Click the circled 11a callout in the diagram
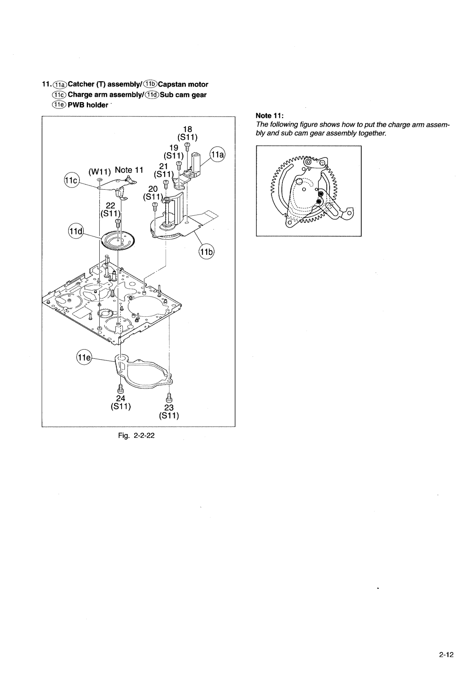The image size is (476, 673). click(x=218, y=154)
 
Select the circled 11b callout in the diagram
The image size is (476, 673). click(x=206, y=253)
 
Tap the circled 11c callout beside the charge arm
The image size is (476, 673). click(x=71, y=180)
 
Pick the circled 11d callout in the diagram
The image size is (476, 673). click(x=76, y=231)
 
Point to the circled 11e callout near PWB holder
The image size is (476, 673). click(x=84, y=358)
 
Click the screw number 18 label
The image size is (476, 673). click(x=187, y=129)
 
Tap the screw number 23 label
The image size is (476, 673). click(x=169, y=408)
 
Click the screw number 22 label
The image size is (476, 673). click(x=110, y=206)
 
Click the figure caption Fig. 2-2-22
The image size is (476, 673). click(x=138, y=435)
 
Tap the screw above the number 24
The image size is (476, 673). click(x=121, y=388)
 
